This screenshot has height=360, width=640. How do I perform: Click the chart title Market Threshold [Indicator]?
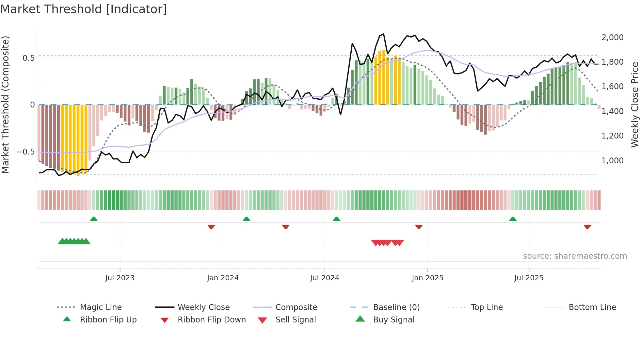[84, 9]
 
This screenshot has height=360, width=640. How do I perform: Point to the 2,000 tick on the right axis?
[612, 38]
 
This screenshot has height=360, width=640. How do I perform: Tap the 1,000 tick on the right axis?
[612, 161]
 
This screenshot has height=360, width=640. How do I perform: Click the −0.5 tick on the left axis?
[25, 152]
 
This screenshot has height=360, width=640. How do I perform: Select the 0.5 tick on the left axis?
[28, 58]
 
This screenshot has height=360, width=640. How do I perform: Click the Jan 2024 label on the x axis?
[223, 278]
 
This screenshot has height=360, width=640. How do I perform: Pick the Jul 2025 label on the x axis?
[529, 278]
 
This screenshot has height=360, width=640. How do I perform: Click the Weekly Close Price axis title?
[634, 105]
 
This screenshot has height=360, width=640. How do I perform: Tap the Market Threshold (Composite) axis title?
[5, 105]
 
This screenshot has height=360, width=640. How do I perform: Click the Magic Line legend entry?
[101, 307]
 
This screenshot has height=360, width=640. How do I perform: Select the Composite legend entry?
[296, 307]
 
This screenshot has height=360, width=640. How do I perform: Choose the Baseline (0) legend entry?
[396, 307]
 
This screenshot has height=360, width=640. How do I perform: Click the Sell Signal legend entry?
[296, 320]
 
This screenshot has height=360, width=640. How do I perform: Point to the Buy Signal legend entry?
[393, 320]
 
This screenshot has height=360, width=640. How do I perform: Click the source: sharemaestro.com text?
[575, 256]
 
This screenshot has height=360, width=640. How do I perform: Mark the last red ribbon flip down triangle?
[587, 227]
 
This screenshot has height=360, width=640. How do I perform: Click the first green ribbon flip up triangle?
[94, 219]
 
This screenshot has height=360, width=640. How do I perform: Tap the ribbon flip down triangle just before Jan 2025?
[419, 227]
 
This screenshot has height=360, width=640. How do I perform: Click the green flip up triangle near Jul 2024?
[336, 219]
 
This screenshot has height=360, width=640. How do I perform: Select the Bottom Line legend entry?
[592, 307]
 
